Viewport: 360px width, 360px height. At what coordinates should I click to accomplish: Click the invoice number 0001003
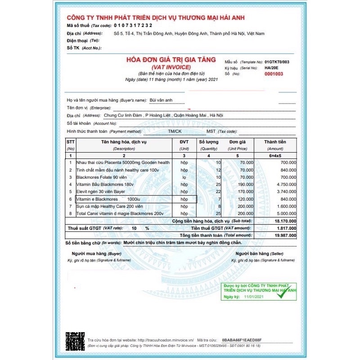point(274,74)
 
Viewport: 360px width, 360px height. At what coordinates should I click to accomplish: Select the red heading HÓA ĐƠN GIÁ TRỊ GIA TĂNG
point(171,60)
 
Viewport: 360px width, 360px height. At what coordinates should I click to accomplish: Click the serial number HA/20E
point(272,67)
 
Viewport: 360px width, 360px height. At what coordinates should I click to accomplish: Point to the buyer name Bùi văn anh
point(162,100)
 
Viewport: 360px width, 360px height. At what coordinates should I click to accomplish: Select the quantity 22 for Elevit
point(218,191)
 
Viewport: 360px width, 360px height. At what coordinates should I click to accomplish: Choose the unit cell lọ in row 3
point(184,177)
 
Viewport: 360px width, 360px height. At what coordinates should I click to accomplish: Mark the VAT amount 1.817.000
point(286,228)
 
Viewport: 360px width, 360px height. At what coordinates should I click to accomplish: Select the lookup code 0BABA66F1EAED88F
point(241,340)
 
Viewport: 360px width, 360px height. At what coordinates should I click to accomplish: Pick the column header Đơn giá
point(237,142)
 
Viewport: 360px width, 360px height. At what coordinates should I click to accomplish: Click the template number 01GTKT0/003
point(277,61)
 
